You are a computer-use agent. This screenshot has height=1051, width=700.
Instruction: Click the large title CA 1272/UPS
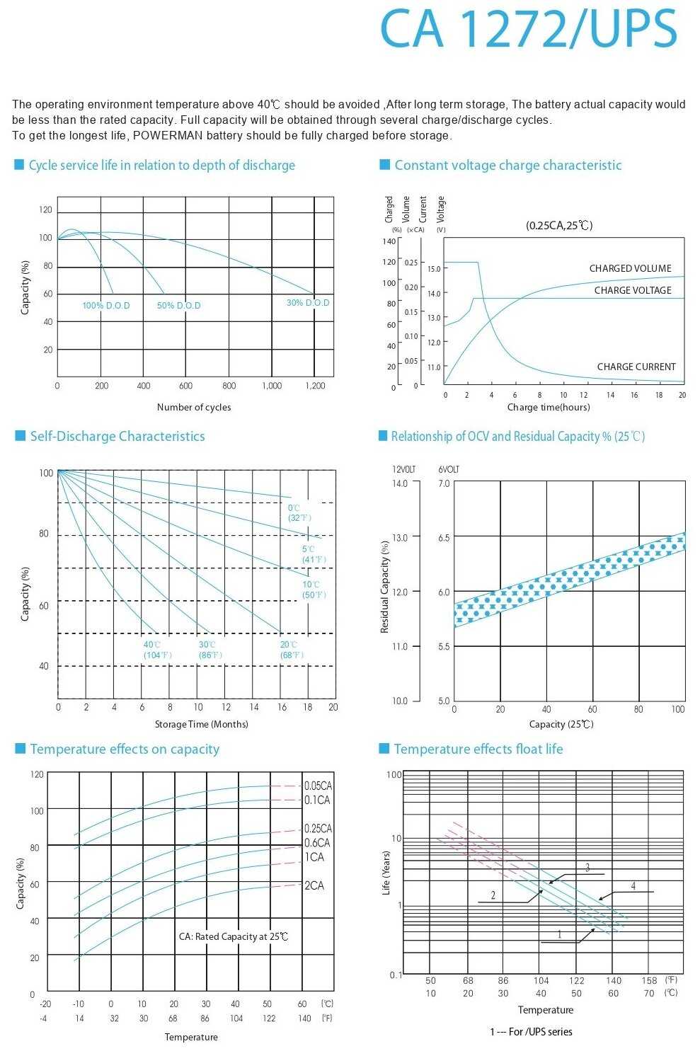point(529,29)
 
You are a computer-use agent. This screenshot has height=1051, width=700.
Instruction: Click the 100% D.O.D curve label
point(106,306)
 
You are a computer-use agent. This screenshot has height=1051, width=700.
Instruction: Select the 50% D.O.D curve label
point(179,306)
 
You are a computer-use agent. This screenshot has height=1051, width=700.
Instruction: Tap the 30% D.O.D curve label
point(308,303)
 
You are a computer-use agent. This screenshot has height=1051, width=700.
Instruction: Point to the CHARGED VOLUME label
point(630,268)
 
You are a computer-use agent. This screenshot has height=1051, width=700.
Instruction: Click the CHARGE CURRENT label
point(636,367)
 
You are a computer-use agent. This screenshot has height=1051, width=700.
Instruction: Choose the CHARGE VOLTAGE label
point(632,290)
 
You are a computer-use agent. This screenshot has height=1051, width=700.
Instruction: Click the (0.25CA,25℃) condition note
point(559,225)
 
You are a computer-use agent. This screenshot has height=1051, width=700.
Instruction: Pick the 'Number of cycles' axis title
point(194,407)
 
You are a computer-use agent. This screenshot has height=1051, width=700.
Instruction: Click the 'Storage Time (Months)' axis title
point(202,724)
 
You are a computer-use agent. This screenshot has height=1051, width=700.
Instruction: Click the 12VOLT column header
point(404,469)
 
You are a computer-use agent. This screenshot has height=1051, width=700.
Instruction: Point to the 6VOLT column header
point(449,469)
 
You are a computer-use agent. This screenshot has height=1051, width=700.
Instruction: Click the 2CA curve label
point(314,885)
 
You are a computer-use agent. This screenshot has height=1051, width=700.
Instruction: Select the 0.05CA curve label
point(318,786)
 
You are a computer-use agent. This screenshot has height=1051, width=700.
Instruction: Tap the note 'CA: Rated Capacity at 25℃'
point(234,936)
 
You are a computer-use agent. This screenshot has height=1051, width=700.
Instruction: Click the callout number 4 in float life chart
point(633,886)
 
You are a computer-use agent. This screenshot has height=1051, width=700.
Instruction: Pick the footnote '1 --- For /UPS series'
point(531,1032)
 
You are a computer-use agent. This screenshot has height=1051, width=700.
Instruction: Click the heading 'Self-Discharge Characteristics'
point(117,436)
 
